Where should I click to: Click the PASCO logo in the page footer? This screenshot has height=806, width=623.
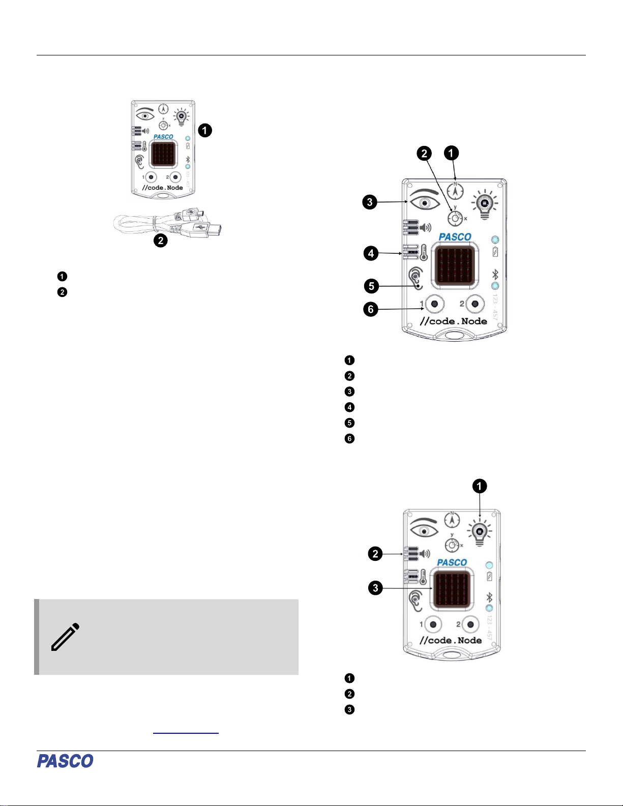(65, 761)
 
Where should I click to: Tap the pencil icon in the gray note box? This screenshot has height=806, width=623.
(66, 636)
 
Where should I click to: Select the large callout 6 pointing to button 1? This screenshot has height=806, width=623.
(371, 309)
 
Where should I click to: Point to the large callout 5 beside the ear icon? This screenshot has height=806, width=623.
(372, 286)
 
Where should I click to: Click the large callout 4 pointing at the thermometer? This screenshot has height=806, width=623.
(371, 253)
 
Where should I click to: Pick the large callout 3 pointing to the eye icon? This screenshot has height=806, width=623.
(370, 202)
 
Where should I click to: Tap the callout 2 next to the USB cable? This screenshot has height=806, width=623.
(161, 241)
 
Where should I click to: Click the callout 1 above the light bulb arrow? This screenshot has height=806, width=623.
(479, 486)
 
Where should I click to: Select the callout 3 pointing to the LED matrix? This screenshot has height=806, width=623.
(375, 588)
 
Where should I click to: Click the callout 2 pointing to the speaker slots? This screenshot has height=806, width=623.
(375, 554)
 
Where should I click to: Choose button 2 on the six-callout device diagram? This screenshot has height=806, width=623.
(475, 304)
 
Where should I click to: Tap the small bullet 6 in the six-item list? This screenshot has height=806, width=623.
(349, 438)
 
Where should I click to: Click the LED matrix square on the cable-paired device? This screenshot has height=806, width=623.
(163, 155)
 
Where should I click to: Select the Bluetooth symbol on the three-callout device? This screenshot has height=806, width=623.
(490, 597)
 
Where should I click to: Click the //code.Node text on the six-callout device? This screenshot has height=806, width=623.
(453, 321)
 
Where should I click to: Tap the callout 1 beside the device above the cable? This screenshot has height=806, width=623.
(205, 131)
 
